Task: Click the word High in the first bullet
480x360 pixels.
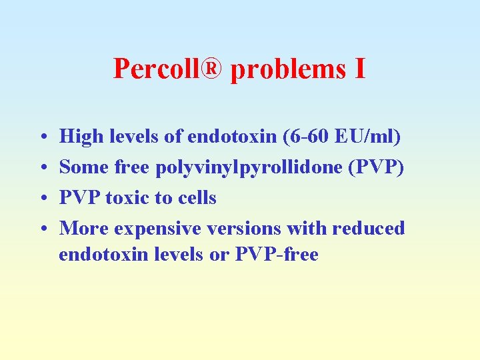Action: [81, 137]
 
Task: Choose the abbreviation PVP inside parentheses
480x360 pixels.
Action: [379, 167]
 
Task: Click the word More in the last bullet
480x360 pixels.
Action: [84, 228]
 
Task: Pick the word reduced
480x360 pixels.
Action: [369, 228]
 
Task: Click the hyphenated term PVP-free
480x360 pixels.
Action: [277, 254]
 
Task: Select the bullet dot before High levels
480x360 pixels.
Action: [42, 138]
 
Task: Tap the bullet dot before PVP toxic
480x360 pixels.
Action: [42, 199]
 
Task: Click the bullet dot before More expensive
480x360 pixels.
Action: [42, 229]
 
